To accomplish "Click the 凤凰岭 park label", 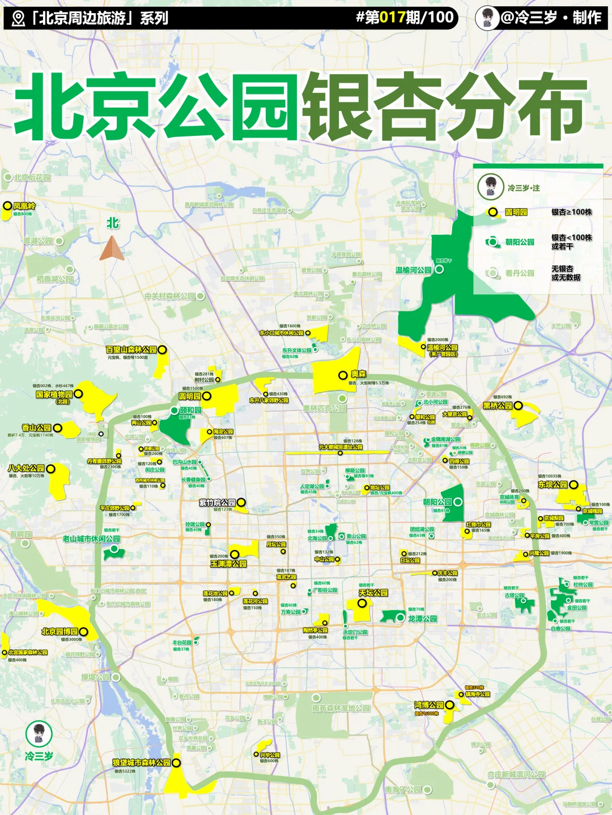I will click(24, 206).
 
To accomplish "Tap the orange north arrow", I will click(112, 248).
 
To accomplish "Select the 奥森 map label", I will click(358, 374).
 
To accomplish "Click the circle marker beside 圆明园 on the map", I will click(207, 396).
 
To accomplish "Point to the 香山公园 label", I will click(36, 428).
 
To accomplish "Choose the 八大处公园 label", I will click(26, 468).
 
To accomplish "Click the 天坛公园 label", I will click(373, 593).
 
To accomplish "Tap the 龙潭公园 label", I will click(422, 619).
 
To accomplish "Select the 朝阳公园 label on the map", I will click(437, 502).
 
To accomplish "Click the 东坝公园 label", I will click(552, 484).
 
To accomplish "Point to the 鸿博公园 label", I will click(428, 705).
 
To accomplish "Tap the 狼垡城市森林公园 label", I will click(141, 762).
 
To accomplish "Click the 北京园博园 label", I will click(59, 631).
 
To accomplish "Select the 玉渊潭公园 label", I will click(228, 564).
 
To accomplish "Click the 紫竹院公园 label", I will click(217, 502).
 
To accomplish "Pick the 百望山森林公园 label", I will click(131, 350).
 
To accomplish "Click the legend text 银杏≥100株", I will click(571, 212).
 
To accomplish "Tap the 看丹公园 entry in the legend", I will click(520, 273).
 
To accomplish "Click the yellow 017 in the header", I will click(392, 18).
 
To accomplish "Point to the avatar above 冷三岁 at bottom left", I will click(39, 733).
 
